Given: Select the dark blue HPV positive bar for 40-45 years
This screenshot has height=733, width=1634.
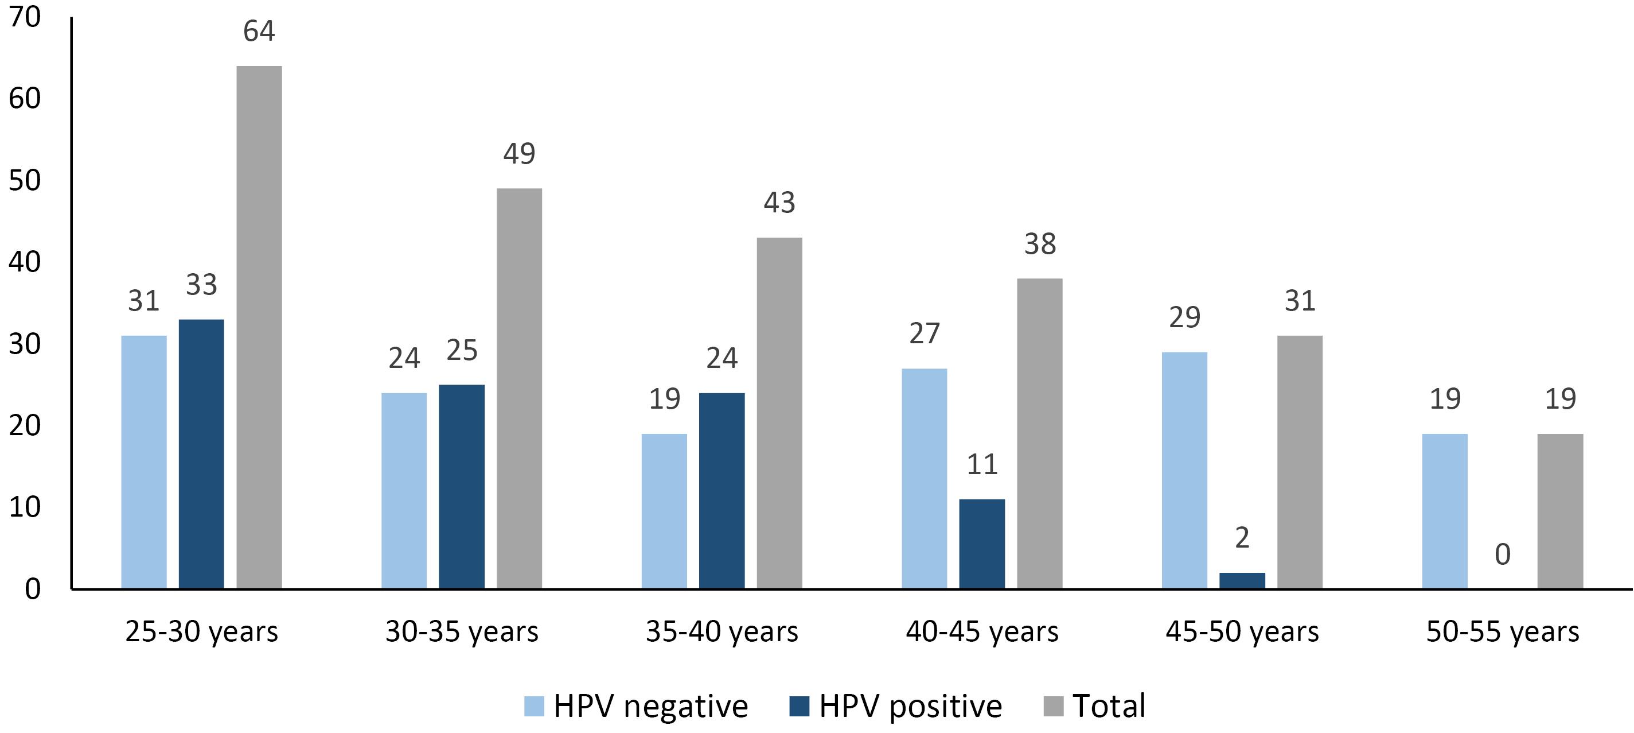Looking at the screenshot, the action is [982, 544].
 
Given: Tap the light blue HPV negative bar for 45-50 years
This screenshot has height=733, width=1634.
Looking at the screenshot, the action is [1184, 470].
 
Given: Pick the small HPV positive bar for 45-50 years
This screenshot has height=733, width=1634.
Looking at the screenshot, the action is [1242, 581].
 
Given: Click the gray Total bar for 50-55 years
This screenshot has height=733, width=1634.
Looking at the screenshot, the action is [1561, 511].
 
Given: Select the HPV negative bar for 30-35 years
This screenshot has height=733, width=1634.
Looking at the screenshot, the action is [404, 491].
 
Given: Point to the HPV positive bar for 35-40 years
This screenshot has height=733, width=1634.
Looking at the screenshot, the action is [722, 491].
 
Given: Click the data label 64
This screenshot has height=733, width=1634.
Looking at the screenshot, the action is [259, 31].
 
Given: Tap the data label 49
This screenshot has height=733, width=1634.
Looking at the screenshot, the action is [520, 154].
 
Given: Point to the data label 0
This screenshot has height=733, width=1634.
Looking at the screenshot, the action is [1503, 554].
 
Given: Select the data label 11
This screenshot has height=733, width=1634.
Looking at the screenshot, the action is [982, 464].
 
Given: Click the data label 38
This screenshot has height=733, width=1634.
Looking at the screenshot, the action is [1040, 244].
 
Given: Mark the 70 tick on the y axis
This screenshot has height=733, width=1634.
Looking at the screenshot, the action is [25, 17].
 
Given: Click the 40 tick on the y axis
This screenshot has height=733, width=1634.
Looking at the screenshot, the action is [25, 262].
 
